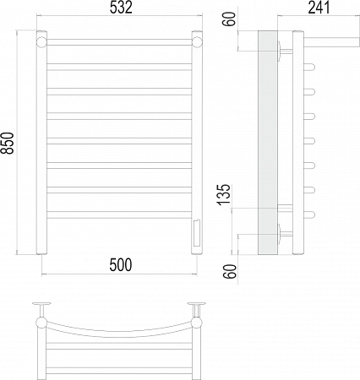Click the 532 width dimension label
(121, 8)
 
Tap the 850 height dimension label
(7, 143)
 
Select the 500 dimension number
(121, 265)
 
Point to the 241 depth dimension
(319, 8)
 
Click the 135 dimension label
(224, 195)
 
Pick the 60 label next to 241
(230, 19)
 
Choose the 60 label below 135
(230, 271)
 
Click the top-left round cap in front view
(41, 42)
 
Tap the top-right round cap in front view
(197, 42)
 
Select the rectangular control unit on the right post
(197, 233)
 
